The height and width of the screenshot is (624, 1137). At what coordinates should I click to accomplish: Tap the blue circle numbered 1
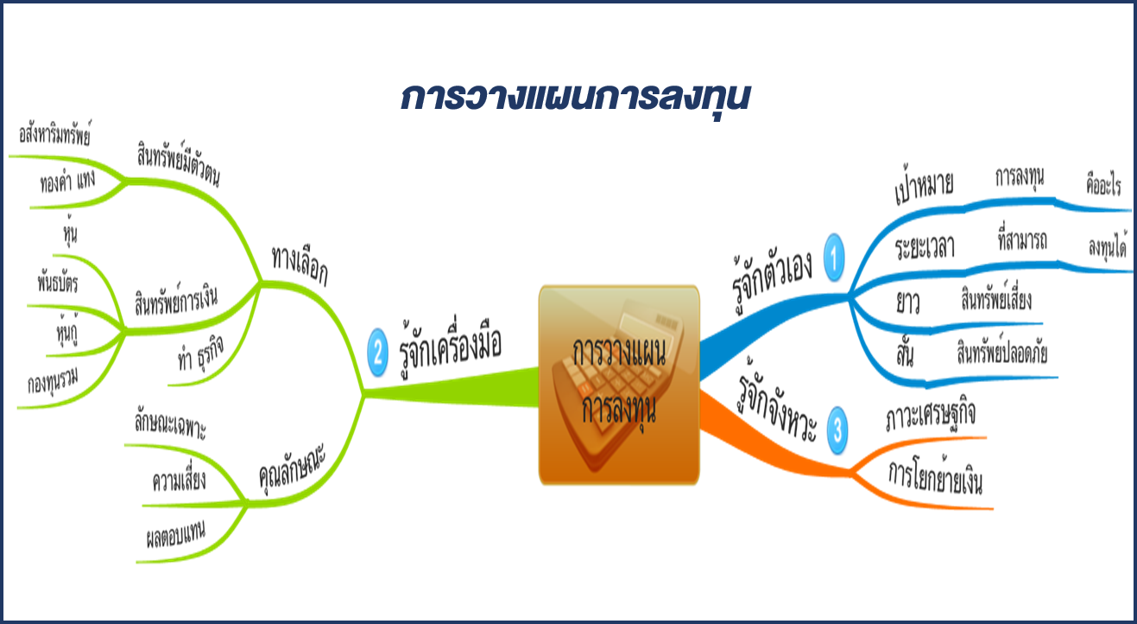pos(834,258)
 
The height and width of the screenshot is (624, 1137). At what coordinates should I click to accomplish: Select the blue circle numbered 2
pos(377,353)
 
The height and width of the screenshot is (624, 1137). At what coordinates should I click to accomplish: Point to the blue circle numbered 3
pos(837,430)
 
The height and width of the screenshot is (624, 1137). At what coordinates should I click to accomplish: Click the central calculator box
pos(619,385)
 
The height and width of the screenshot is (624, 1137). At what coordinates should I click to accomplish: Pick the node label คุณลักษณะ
pos(292,469)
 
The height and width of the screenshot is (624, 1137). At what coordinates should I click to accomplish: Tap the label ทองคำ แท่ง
pos(68,181)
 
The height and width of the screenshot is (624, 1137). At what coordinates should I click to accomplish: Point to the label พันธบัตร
pos(58,283)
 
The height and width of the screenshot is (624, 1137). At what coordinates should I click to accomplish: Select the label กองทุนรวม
pos(54,380)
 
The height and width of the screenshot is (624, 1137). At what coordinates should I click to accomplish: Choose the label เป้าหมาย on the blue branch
pos(924,186)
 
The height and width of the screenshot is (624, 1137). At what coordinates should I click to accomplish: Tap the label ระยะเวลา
pos(925,247)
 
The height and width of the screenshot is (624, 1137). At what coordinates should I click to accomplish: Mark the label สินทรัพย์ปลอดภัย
pos(1002,352)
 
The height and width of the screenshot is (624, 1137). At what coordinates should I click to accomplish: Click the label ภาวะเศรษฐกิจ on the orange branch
pos(931,417)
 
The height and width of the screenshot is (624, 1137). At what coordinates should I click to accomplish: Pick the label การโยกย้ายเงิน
pos(935,476)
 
